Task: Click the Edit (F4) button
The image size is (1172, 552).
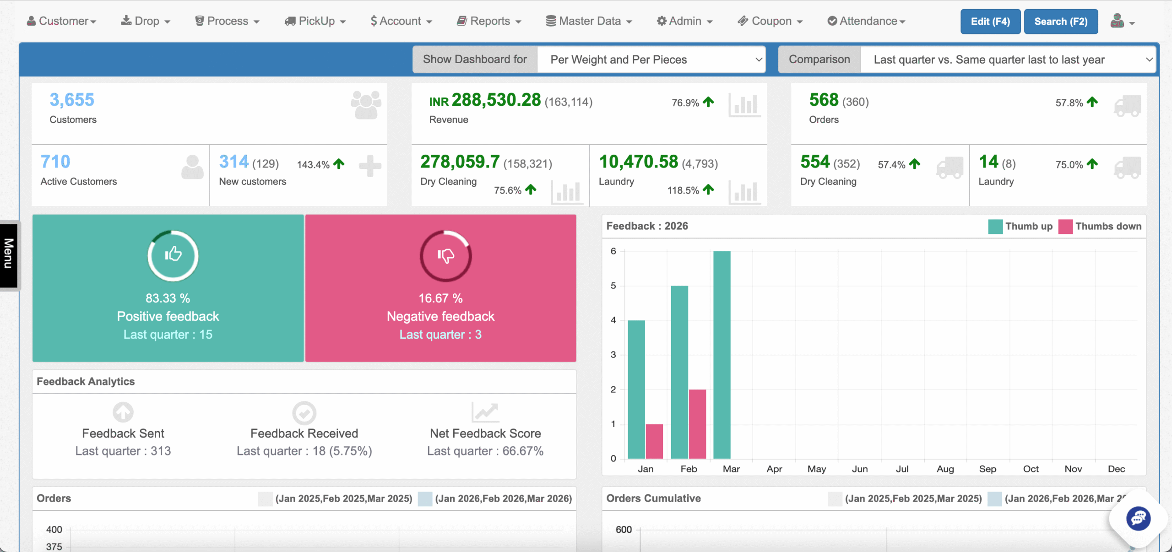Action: pos(990,22)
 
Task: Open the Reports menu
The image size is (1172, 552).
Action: pos(489,21)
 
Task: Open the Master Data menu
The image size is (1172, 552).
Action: pos(589,21)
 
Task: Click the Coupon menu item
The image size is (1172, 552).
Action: pos(770,21)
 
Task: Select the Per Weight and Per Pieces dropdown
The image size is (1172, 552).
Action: pos(651,60)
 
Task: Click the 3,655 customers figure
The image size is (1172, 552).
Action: pos(72,100)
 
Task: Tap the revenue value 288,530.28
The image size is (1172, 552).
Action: pos(496,100)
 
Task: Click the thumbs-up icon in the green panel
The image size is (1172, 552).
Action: pos(173,254)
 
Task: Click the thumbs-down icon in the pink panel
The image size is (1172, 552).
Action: pos(445,255)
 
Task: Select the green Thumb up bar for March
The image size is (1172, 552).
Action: pos(722,355)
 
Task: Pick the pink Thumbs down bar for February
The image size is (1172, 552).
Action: pos(697,424)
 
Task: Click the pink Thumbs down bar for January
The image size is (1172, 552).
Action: pos(654,441)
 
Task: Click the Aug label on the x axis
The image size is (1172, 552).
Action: pos(945,469)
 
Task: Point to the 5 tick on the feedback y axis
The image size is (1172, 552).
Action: pos(613,286)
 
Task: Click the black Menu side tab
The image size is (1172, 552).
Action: pos(9,254)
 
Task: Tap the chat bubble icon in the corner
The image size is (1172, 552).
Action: pos(1138,518)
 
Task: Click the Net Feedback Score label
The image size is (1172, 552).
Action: pos(485,433)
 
